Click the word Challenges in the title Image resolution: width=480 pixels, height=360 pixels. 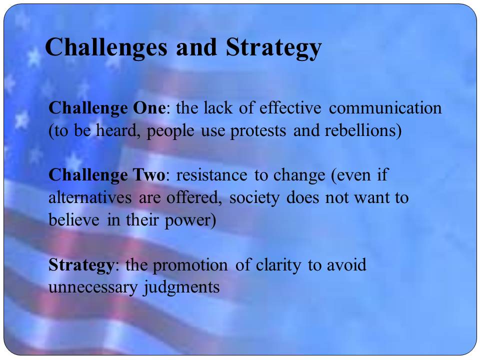106,48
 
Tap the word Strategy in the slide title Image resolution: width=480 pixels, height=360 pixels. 273,48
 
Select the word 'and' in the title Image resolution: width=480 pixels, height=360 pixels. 196,47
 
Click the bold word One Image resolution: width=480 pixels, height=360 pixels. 149,108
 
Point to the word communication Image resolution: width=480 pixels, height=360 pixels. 385,108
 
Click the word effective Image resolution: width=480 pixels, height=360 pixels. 290,108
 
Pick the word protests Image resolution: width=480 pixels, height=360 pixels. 258,131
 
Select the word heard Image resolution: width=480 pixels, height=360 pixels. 116,130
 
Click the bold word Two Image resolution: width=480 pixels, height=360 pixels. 149,175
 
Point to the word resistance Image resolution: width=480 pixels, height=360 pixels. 211,175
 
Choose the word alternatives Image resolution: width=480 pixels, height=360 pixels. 90,197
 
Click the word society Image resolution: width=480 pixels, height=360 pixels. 254,198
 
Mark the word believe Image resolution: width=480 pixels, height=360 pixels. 74,220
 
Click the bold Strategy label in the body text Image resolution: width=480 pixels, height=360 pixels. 81,265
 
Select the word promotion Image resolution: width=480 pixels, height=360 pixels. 190,265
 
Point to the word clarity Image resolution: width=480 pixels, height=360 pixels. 278,265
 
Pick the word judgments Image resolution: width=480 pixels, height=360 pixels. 181,287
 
